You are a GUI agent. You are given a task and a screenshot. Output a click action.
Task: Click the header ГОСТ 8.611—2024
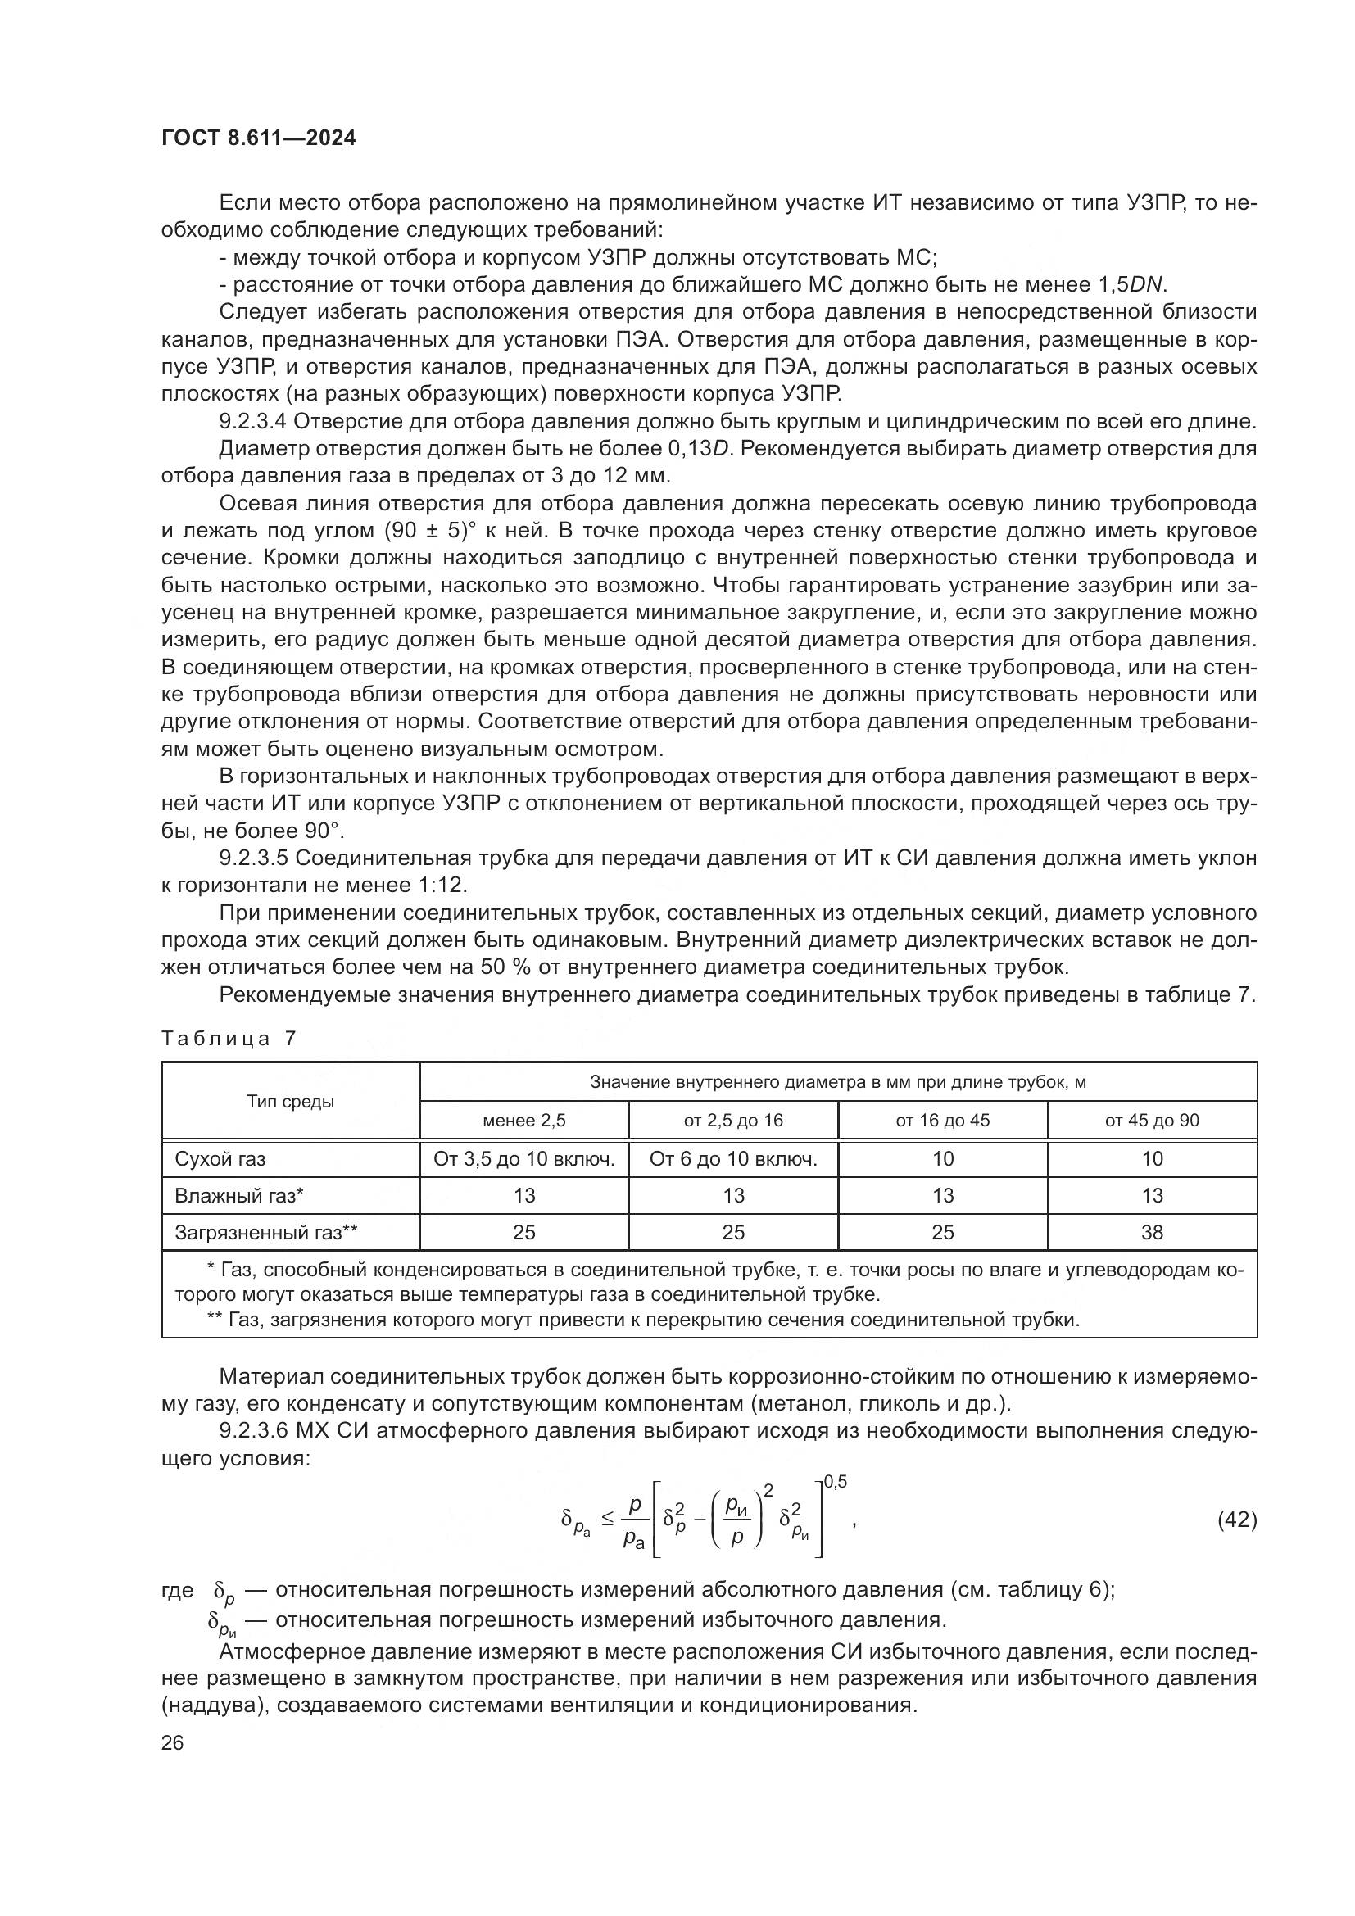tap(258, 138)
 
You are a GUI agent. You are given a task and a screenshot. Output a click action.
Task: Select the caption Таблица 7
tap(229, 1038)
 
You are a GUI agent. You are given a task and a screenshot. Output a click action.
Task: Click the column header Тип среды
tap(290, 1102)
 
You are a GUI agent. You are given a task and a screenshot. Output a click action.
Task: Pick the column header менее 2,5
tap(524, 1121)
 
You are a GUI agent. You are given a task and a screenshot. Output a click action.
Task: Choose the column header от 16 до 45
tap(942, 1121)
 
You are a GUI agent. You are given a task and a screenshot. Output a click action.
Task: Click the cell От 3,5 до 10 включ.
tap(524, 1159)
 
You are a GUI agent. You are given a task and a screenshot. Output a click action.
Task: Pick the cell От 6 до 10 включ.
tap(732, 1159)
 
